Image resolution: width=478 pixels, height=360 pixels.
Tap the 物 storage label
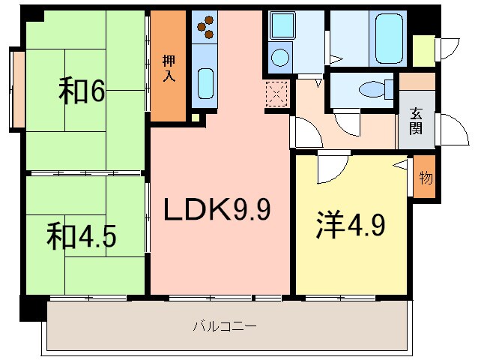425,178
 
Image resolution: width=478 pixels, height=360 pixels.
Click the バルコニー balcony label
225,326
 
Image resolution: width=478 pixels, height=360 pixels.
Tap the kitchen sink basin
205,82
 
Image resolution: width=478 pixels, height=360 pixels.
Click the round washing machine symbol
279,57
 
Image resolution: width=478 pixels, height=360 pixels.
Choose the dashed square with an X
277,94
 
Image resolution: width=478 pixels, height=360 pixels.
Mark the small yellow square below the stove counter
196,116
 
